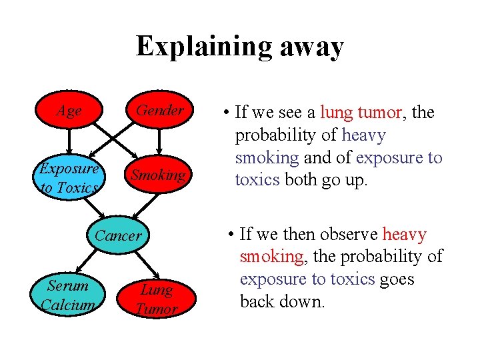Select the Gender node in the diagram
click(x=160, y=111)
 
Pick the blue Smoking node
click(x=158, y=176)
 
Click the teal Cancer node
click(x=118, y=235)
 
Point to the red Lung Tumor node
click(x=157, y=299)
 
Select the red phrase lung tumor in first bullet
click(x=361, y=113)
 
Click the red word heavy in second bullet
click(x=405, y=234)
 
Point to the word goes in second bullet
click(x=398, y=279)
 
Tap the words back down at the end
click(x=282, y=301)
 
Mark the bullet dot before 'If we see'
click(x=227, y=113)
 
